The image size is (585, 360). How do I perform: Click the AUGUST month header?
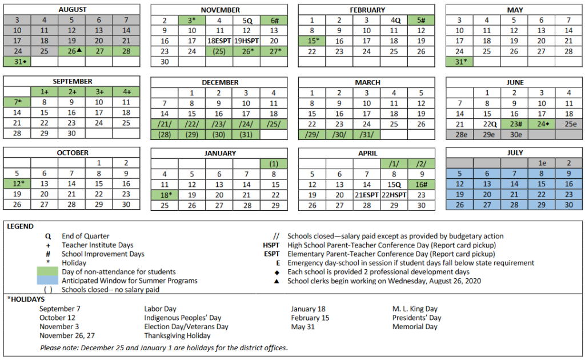point(72,10)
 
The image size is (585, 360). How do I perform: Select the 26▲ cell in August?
point(72,51)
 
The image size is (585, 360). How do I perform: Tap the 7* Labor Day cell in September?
point(17,102)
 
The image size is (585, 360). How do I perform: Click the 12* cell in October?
point(17,183)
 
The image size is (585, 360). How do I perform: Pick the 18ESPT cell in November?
point(220,41)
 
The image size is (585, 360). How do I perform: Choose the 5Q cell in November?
point(246,20)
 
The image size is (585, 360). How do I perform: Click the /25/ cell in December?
point(274,124)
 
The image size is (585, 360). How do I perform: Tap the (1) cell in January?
point(274,163)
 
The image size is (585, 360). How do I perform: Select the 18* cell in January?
point(165,195)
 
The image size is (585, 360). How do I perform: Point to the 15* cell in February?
point(312,41)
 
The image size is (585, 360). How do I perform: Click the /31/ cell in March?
point(366,134)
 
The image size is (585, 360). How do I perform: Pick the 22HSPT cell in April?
point(394,195)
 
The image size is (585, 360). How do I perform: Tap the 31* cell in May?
point(459,61)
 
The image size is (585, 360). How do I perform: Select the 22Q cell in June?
point(487,124)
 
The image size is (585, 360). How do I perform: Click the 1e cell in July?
point(542,163)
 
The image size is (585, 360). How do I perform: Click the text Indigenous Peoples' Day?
point(182,318)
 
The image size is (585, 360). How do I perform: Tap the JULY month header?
point(515,153)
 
